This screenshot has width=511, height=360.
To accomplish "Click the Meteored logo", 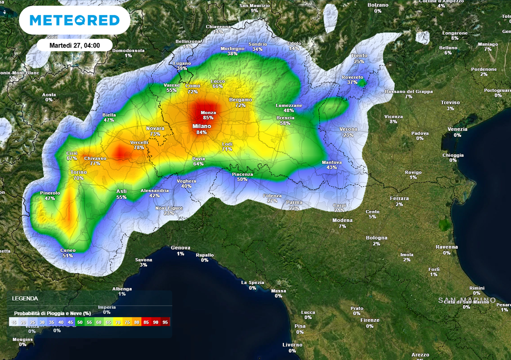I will coord(75,20).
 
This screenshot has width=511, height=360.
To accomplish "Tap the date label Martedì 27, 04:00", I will coord(74,45).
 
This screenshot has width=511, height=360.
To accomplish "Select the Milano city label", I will coord(202,126).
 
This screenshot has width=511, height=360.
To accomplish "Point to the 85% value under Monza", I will coord(208,118).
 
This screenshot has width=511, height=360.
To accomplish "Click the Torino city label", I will coord(78,172).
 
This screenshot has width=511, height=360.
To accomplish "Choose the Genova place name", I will coord(181,248).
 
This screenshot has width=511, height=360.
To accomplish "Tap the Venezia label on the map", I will coord(457,129).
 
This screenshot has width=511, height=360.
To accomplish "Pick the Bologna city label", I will coord(376,238).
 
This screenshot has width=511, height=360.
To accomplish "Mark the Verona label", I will coord(348,129).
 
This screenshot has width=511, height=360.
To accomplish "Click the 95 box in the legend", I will coord(166,323).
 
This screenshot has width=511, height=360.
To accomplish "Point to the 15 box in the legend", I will coord(14,323).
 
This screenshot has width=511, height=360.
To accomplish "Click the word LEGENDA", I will coord(25,299).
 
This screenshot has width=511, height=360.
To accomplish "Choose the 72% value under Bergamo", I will coord(241,106).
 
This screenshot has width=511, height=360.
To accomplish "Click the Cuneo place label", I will coord(68,250).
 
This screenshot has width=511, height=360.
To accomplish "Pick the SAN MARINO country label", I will coord(467,300).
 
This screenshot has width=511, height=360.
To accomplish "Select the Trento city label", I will coord(359,55).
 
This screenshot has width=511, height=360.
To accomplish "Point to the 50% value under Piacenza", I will coord(243,179).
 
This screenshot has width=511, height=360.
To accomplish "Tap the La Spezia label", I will coord(253,282).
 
